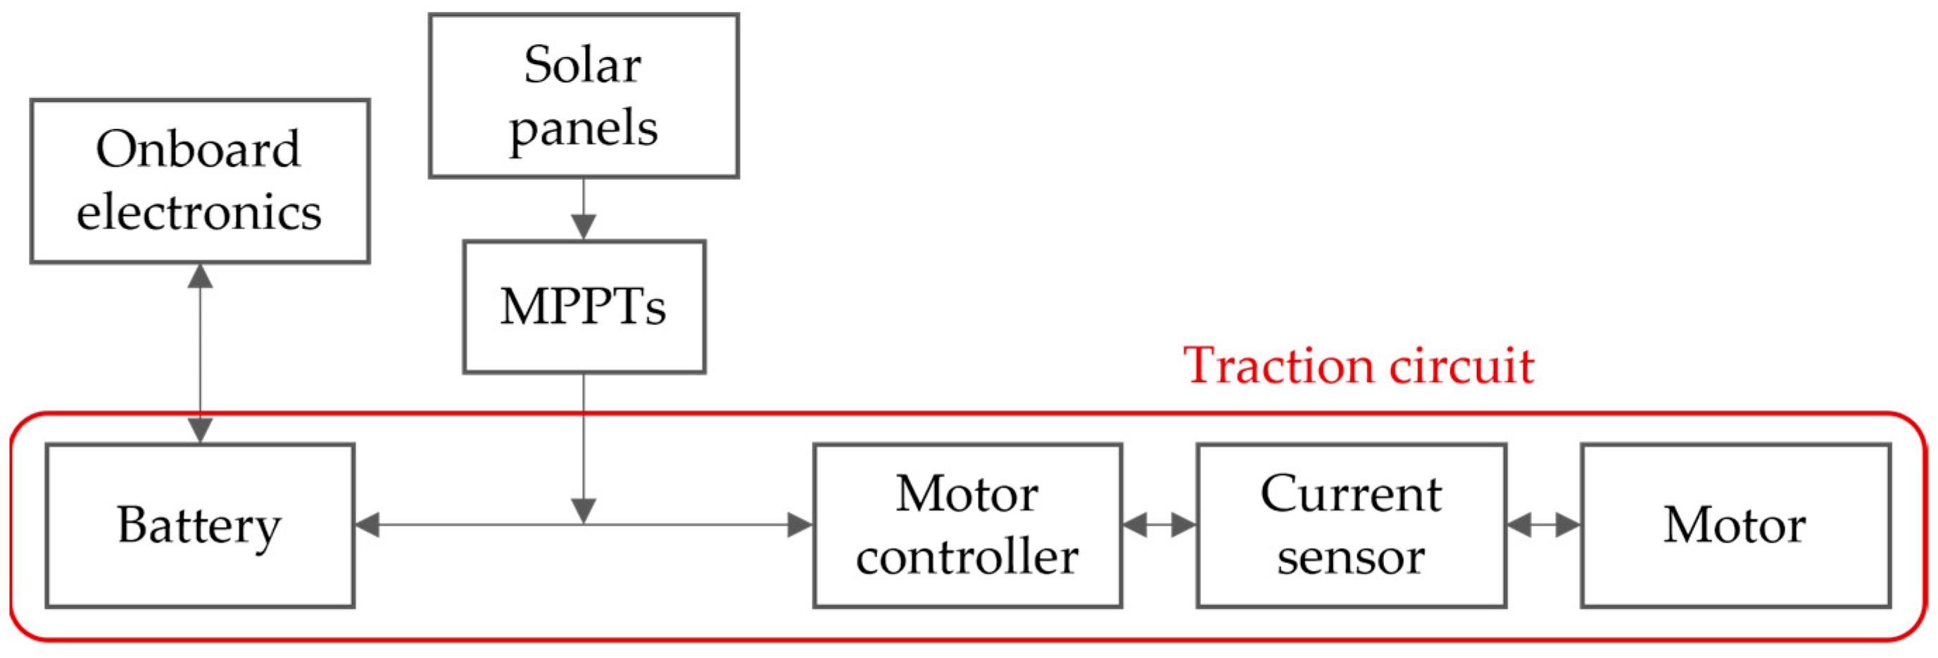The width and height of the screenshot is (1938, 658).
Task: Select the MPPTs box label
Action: pyautogui.click(x=584, y=307)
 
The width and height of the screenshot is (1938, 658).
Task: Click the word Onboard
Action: pyautogui.click(x=199, y=149)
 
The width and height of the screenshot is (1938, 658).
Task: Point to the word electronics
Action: pyautogui.click(x=199, y=213)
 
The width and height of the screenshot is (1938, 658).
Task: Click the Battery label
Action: pyautogui.click(x=199, y=525)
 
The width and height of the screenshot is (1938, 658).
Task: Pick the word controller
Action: pyautogui.click(x=967, y=557)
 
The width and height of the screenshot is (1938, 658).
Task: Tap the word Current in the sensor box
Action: pyautogui.click(x=1351, y=494)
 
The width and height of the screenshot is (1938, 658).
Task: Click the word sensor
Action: pyautogui.click(x=1351, y=557)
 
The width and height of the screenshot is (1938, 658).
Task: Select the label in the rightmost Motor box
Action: pyautogui.click(x=1735, y=525)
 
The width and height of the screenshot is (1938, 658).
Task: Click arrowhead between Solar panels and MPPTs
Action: pyautogui.click(x=584, y=227)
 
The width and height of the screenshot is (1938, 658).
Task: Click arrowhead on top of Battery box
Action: pyautogui.click(x=200, y=430)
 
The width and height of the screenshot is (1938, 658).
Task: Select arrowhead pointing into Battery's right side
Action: pyautogui.click(x=368, y=525)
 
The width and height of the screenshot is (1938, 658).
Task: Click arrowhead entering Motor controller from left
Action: pyautogui.click(x=800, y=525)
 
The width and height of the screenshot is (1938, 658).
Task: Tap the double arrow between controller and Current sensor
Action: pyautogui.click(x=1159, y=525)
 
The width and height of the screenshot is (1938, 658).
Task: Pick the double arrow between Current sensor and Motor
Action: pyautogui.click(x=1544, y=525)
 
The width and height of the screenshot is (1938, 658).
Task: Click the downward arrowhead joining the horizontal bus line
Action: pyautogui.click(x=584, y=511)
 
